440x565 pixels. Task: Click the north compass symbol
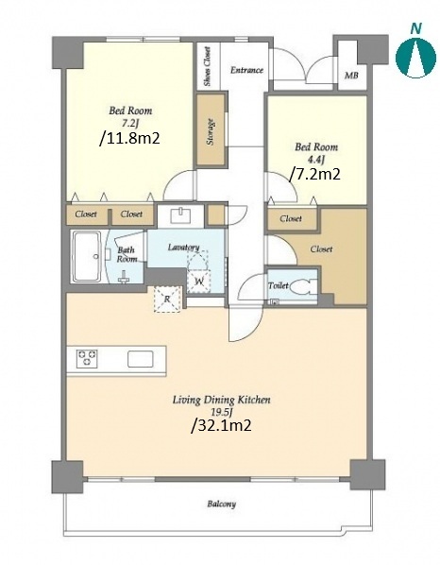click(415, 53)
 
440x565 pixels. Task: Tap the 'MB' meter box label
click(351, 76)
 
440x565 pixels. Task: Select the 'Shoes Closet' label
click(207, 66)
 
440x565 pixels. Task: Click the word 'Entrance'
click(246, 70)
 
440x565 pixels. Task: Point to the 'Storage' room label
click(211, 132)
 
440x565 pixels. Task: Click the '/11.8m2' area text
click(129, 138)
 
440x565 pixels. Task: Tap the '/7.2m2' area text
click(315, 175)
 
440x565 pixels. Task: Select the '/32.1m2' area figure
click(221, 426)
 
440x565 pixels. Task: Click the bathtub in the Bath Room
click(87, 256)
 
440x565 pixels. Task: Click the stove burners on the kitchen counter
click(87, 358)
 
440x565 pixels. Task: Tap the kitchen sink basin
click(141, 359)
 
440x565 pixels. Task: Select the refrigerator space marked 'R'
click(167, 299)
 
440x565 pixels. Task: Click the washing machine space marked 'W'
click(199, 281)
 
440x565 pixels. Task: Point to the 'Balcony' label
click(222, 504)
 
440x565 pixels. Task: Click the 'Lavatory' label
click(183, 248)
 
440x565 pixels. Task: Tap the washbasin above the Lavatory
click(181, 216)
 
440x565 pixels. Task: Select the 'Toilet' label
click(278, 285)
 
